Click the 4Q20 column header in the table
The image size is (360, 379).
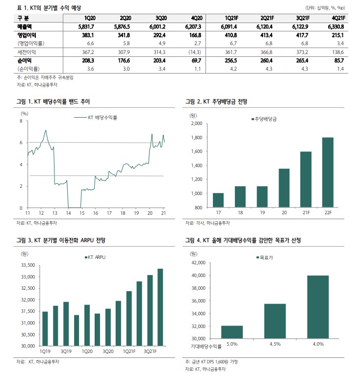click(x=197, y=18)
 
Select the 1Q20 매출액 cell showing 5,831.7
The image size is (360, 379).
click(x=86, y=26)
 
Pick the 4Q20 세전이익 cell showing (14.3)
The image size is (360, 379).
click(x=195, y=52)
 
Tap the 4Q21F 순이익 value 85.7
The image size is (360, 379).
click(x=339, y=60)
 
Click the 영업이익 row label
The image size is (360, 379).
click(x=26, y=35)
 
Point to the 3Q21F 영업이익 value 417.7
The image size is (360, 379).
click(x=302, y=35)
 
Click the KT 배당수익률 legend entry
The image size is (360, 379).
click(x=96, y=118)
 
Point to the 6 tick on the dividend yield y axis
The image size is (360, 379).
click(x=21, y=143)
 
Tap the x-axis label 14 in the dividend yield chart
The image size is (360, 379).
click(x=69, y=213)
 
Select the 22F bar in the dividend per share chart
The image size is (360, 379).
click(x=328, y=172)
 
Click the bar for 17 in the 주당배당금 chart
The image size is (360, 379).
click(x=218, y=200)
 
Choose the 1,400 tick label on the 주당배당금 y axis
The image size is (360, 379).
click(x=197, y=166)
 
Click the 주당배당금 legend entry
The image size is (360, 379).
click(x=264, y=119)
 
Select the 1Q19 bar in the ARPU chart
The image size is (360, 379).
click(x=45, y=328)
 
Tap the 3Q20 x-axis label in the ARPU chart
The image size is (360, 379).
click(x=108, y=351)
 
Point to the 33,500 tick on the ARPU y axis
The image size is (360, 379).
click(x=28, y=265)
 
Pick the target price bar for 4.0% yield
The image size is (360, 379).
click(x=318, y=307)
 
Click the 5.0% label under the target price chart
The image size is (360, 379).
click(x=232, y=344)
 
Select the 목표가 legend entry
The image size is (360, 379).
click(x=265, y=258)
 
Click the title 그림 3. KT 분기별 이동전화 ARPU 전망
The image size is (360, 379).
click(x=61, y=241)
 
